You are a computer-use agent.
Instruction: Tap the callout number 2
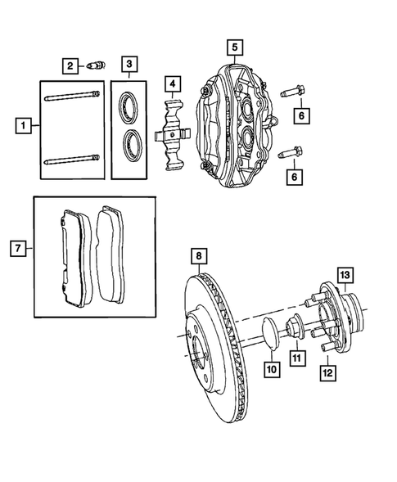(71, 65)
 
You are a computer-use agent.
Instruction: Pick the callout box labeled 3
(129, 64)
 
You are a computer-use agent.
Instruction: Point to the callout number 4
(172, 83)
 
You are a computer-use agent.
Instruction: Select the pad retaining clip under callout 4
(173, 135)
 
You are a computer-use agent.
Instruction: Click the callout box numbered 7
(16, 246)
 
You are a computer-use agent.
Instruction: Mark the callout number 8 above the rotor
(198, 259)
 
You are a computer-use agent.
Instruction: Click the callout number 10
(271, 370)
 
